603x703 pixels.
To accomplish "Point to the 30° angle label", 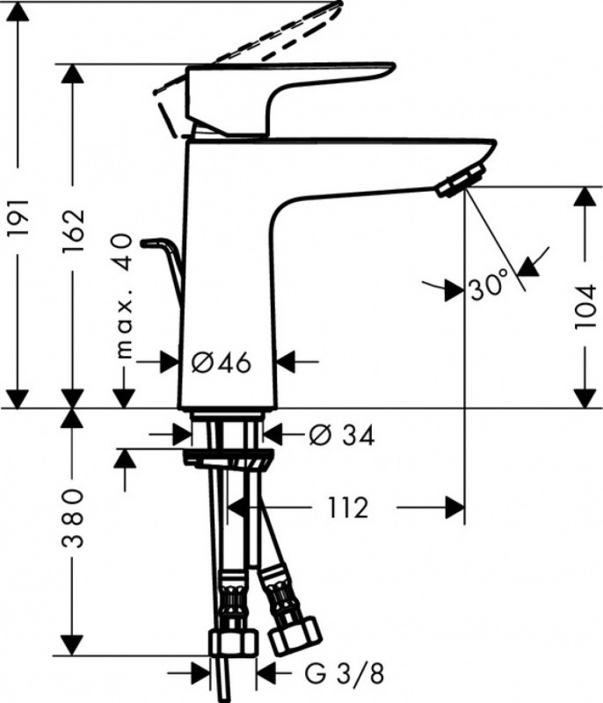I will pyautogui.click(x=488, y=286).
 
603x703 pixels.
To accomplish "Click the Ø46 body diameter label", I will pyautogui.click(x=222, y=360).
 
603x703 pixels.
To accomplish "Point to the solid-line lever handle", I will pyautogui.click(x=290, y=88).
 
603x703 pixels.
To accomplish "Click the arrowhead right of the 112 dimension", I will pyautogui.click(x=454, y=508).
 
